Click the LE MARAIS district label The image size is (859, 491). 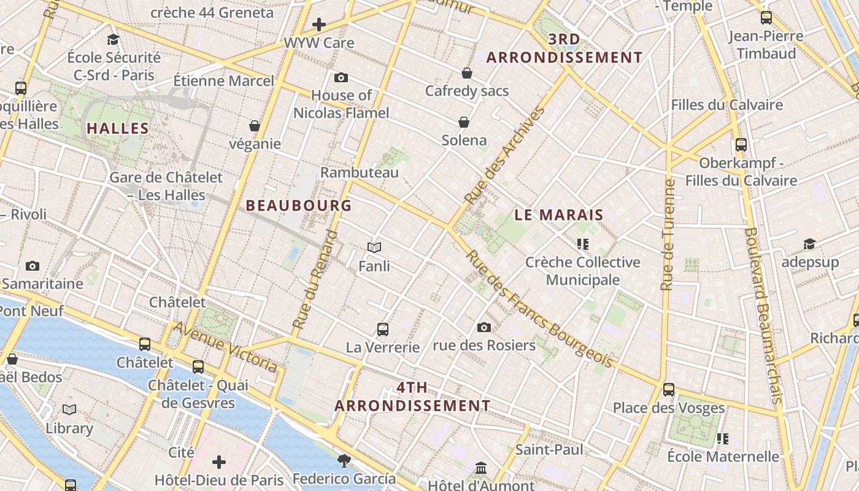559,215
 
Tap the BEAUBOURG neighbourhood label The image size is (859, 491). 299,205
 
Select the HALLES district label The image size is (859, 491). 118,128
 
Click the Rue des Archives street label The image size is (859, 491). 504,156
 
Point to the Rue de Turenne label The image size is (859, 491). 668,234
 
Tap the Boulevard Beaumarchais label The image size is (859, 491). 762,315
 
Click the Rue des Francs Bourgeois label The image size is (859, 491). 540,309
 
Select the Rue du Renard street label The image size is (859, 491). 315,279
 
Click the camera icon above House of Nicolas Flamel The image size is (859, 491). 341,78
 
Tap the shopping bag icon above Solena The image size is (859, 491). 464,122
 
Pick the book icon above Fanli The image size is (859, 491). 374,247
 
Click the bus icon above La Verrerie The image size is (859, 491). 383,329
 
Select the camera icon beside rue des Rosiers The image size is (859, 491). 484,327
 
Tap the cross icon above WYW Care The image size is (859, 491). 319,25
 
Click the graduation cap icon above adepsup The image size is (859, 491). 810,244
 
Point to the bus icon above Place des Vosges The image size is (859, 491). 669,390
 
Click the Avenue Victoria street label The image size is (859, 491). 225,347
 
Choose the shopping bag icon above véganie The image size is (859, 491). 255,126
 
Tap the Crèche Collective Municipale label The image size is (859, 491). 583,271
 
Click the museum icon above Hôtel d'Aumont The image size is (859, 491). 481,468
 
